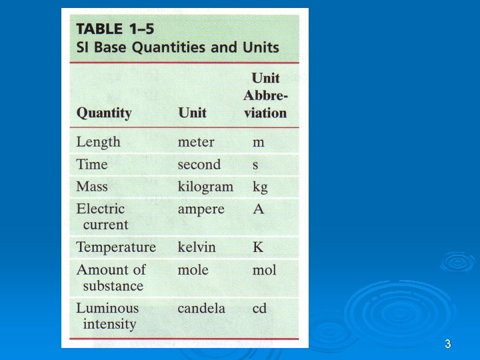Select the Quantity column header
point(104,113)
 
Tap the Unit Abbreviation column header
point(265,95)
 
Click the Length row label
point(99,142)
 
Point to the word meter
point(196,142)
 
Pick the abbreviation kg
point(260,187)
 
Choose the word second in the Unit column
point(199,165)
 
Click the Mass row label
point(92,187)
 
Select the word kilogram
point(205,187)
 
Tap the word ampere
point(201,209)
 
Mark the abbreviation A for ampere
point(258,209)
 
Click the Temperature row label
point(116,247)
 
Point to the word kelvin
point(197,247)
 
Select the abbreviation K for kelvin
point(258,247)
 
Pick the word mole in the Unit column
point(193,270)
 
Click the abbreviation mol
point(264,270)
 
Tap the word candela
point(201,309)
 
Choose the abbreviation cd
point(259,309)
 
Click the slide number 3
point(448,344)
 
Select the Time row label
point(92,165)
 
